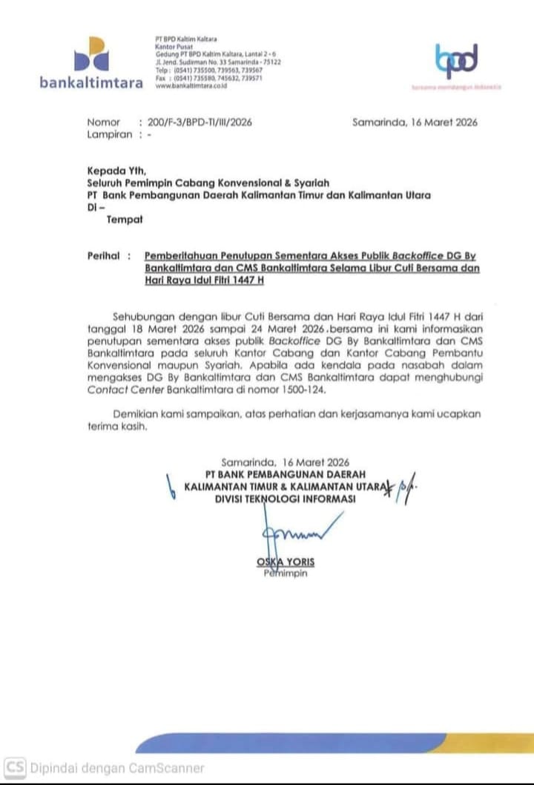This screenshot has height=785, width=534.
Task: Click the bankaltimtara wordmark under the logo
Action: (x=91, y=82)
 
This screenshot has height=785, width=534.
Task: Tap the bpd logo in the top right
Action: (x=456, y=61)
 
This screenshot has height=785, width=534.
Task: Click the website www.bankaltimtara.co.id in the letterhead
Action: (x=191, y=86)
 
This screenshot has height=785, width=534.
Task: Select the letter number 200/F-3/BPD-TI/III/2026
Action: (x=200, y=122)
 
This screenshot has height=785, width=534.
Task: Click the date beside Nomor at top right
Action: (x=415, y=122)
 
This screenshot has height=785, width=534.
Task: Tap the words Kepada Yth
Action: (x=117, y=170)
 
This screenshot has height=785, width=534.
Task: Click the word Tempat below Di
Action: (x=125, y=220)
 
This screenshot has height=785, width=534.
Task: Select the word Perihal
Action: (x=103, y=255)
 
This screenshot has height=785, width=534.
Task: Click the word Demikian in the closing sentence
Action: (x=136, y=413)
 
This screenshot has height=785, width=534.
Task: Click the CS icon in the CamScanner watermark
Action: (x=15, y=768)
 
